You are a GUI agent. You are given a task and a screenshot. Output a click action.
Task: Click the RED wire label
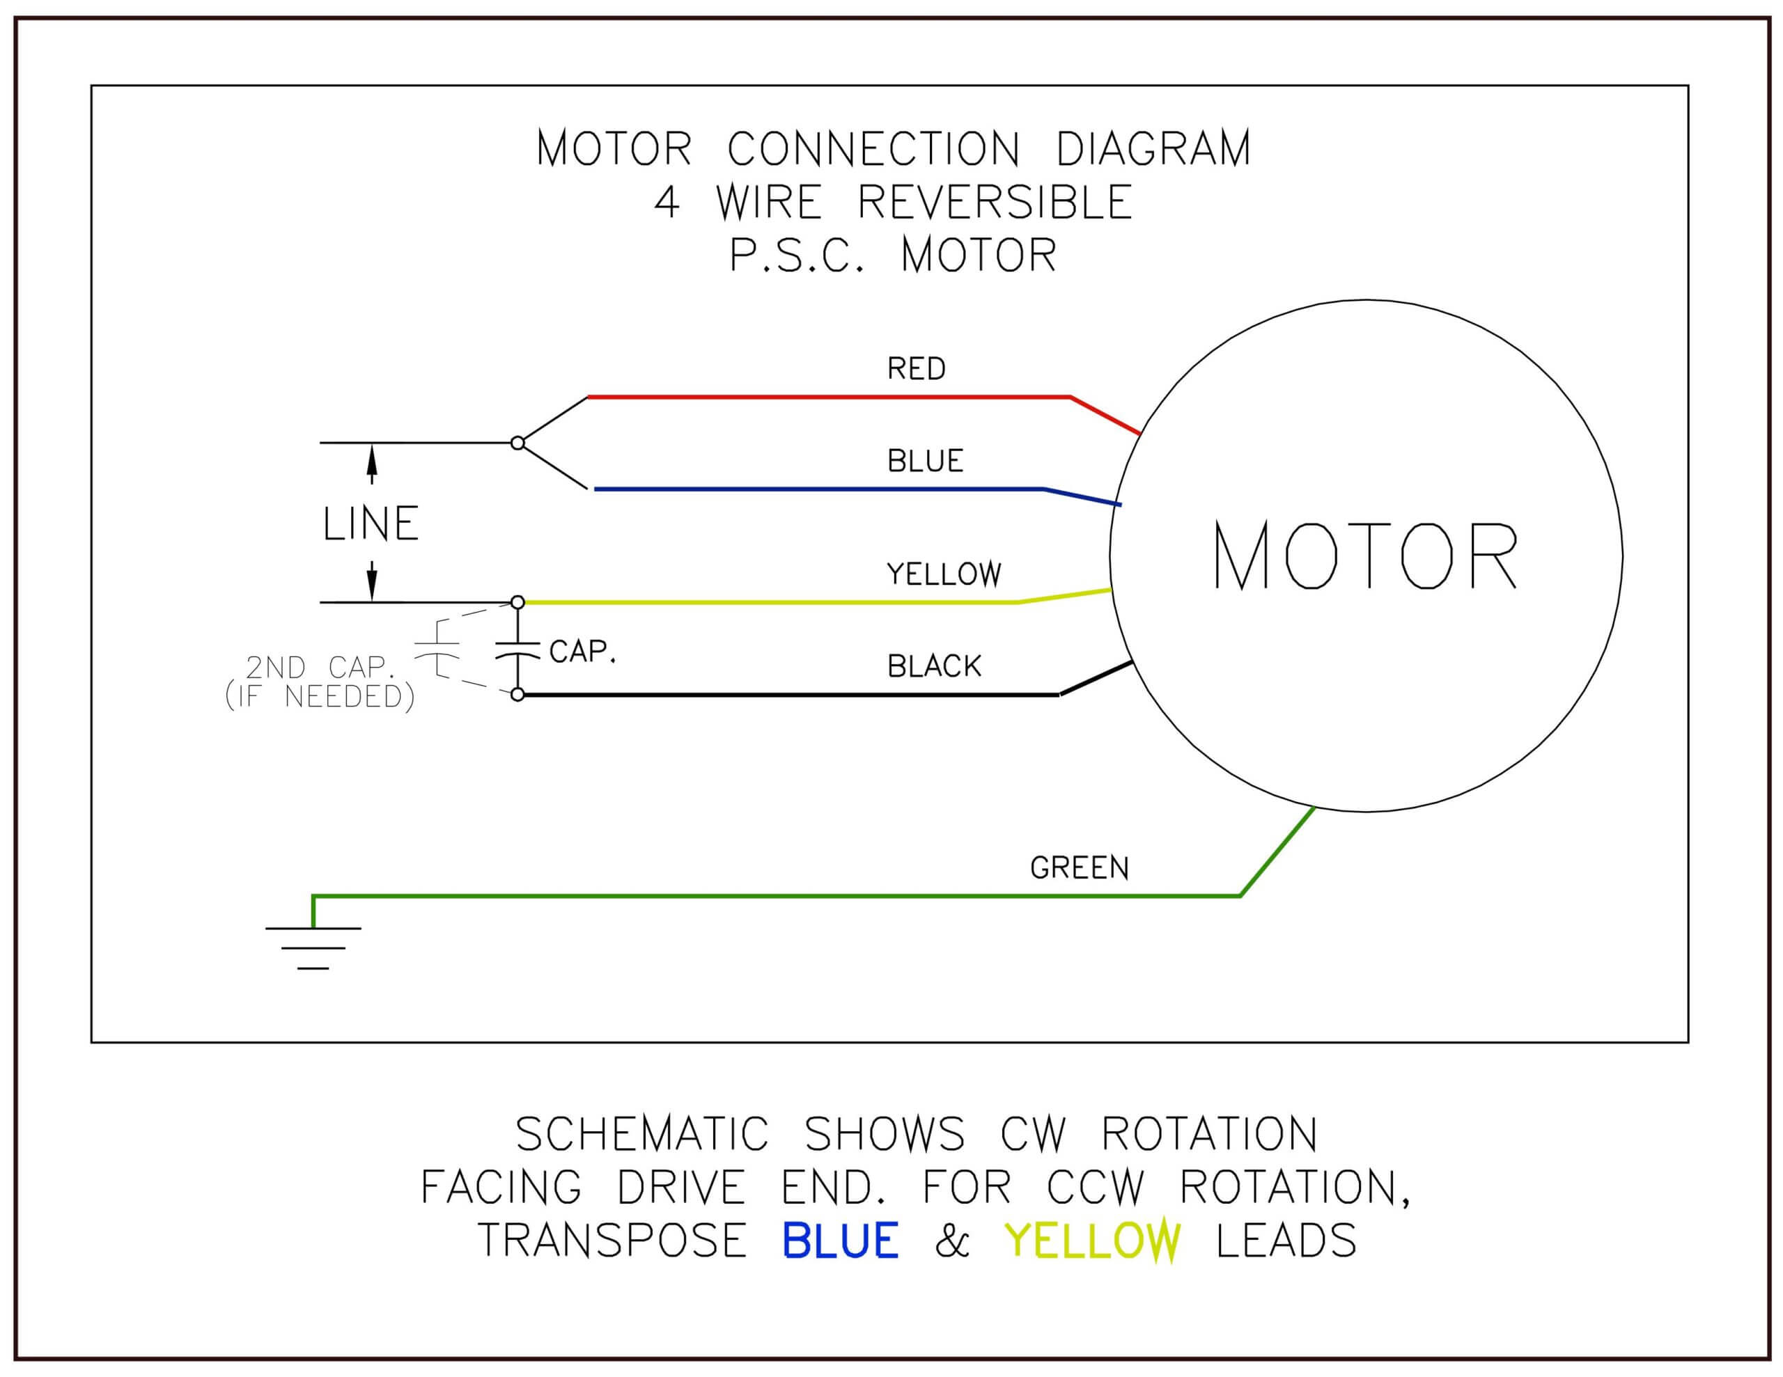tap(916, 369)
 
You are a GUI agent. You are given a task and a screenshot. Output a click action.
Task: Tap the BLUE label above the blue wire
tap(925, 461)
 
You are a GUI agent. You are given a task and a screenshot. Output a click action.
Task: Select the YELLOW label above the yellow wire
tap(944, 574)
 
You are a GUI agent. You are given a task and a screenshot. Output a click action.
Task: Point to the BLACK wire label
tap(934, 666)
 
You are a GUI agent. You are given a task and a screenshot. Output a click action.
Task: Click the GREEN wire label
tap(1080, 867)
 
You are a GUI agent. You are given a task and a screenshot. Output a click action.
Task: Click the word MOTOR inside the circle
tap(1365, 556)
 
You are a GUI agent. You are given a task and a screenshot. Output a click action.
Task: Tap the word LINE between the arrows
tap(371, 524)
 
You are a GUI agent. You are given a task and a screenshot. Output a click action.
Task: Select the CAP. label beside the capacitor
tap(582, 652)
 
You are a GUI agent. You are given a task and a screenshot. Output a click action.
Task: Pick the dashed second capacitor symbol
tap(437, 650)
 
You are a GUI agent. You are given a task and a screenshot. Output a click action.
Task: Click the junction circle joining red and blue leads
tap(517, 443)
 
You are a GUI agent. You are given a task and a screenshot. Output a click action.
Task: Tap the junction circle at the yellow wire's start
tap(517, 602)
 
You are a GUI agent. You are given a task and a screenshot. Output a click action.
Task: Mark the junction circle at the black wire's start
tap(517, 695)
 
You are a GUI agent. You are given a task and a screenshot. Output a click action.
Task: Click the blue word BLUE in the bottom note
tap(840, 1241)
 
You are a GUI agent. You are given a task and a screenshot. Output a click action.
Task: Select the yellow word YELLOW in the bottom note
tap(1092, 1241)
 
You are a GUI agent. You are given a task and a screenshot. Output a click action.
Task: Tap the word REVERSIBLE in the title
tap(995, 202)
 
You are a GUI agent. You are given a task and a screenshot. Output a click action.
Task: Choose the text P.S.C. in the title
tap(797, 255)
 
